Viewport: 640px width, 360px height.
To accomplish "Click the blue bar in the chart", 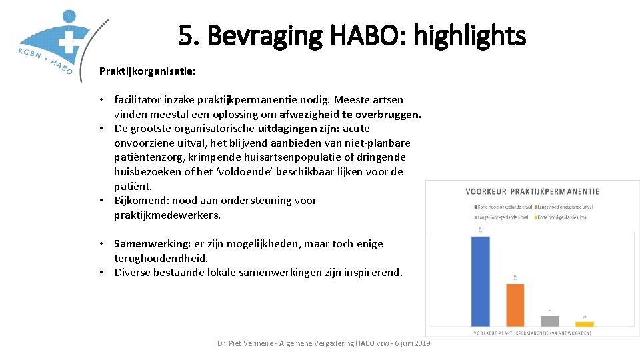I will pyautogui.click(x=480, y=281).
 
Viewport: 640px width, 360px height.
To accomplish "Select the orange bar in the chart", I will pyautogui.click(x=515, y=304).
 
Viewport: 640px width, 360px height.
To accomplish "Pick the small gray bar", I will pyautogui.click(x=550, y=321).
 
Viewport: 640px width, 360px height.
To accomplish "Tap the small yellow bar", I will pyautogui.click(x=585, y=323).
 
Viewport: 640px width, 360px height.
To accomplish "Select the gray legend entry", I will pyautogui.click(x=501, y=217).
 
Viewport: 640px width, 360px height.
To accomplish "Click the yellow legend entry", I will pyautogui.click(x=563, y=217).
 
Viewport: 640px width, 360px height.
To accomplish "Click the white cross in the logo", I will pyautogui.click(x=67, y=41).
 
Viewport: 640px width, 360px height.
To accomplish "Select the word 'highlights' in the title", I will pyautogui.click(x=469, y=35).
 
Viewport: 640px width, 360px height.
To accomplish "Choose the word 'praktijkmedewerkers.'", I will pyautogui.click(x=167, y=215).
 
